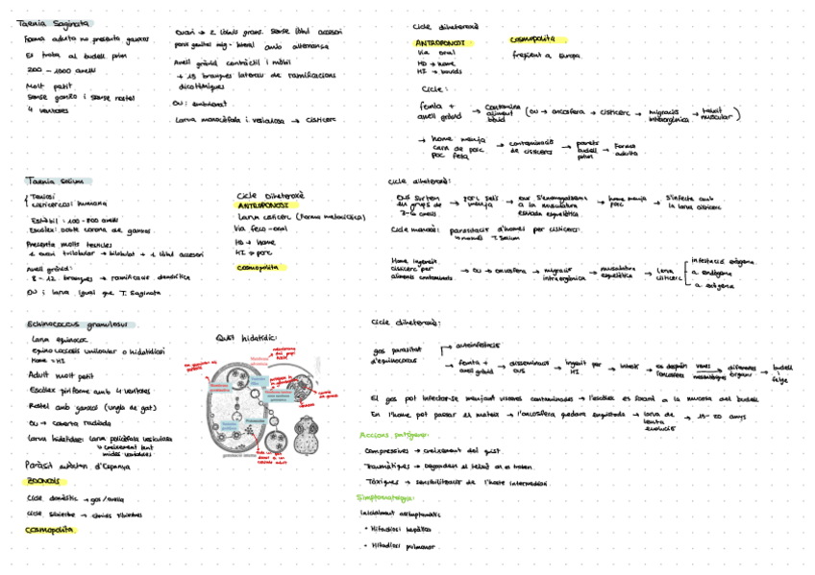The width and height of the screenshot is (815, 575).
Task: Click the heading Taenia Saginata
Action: coord(59,23)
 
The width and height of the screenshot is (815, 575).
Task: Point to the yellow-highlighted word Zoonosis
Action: coord(47,481)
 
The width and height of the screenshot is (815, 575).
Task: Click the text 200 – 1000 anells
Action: coord(62,69)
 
